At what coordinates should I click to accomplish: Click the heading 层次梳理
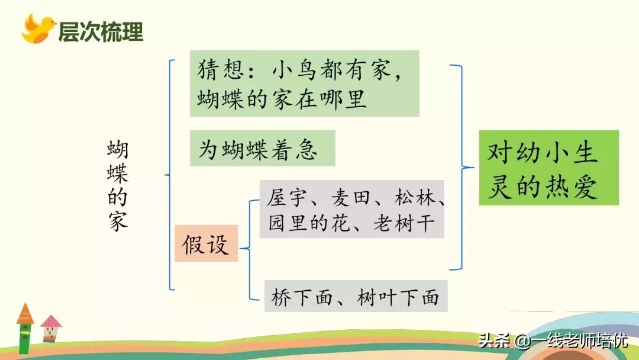(x=101, y=31)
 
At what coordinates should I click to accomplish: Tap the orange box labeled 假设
(x=206, y=243)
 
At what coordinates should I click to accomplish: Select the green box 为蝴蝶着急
(x=262, y=149)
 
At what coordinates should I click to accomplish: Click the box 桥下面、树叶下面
(x=355, y=296)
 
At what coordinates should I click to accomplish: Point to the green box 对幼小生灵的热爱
(x=548, y=168)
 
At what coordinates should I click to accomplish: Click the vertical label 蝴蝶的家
(x=118, y=185)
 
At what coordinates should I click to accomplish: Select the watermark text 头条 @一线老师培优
(x=553, y=342)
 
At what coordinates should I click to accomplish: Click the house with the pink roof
(x=50, y=329)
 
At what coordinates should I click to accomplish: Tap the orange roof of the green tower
(x=25, y=313)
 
